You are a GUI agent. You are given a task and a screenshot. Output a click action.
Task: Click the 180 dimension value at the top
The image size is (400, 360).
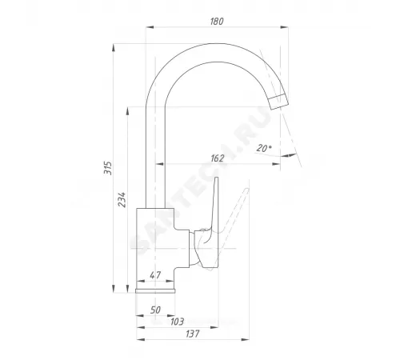point(217,22)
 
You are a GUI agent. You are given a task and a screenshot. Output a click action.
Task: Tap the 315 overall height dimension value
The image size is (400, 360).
point(108,168)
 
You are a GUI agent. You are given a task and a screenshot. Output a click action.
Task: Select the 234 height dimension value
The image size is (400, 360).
point(122,199)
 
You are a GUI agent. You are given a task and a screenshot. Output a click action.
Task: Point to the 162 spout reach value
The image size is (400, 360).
point(218,158)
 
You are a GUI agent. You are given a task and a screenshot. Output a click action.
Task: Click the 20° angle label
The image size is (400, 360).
point(264,148)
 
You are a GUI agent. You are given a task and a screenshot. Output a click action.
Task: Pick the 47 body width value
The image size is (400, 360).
point(155,275)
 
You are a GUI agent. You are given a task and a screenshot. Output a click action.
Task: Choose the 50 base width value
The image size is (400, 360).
point(155,310)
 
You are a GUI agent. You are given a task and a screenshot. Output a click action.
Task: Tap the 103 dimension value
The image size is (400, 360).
point(177,322)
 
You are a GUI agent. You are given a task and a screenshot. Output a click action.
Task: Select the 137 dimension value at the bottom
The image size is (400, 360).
point(193,334)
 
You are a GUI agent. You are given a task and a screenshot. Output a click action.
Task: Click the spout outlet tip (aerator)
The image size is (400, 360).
point(278,102)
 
